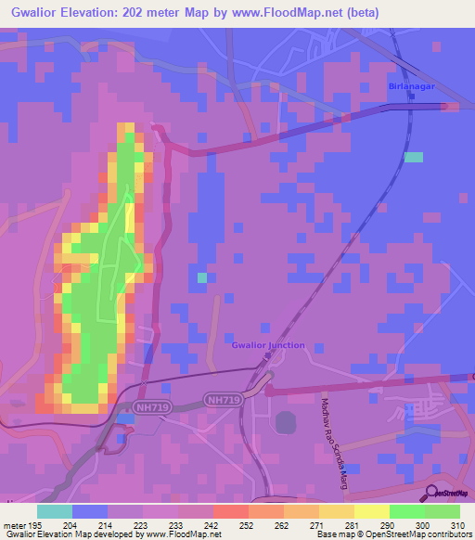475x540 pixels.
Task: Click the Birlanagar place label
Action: pos(408,86)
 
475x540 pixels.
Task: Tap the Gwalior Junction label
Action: pos(267,345)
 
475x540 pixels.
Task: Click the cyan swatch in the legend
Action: pos(55,511)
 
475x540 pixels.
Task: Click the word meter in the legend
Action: pos(17,526)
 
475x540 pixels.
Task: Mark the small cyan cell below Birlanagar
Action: pos(414,157)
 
